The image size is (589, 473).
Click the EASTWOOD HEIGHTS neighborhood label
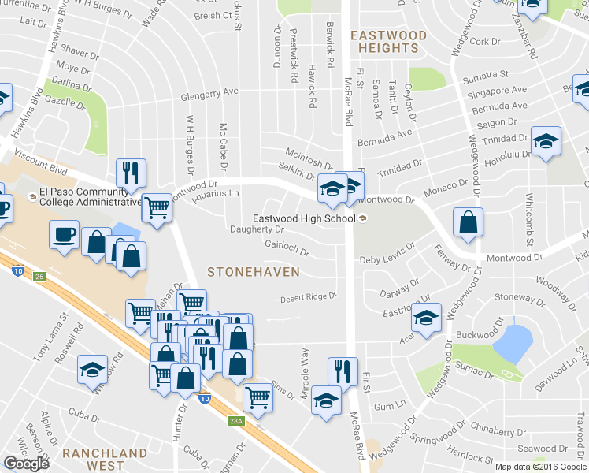[388, 42]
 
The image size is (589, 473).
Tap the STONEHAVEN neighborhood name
[253, 271]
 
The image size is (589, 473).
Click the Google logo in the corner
[26, 464]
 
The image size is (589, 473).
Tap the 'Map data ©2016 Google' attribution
[540, 467]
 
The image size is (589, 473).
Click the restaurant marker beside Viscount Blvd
[130, 172]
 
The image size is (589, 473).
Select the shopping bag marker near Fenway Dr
[469, 223]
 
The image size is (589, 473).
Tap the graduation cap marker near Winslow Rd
[92, 369]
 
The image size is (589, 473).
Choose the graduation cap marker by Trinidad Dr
[546, 142]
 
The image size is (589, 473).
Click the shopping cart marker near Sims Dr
[257, 398]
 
